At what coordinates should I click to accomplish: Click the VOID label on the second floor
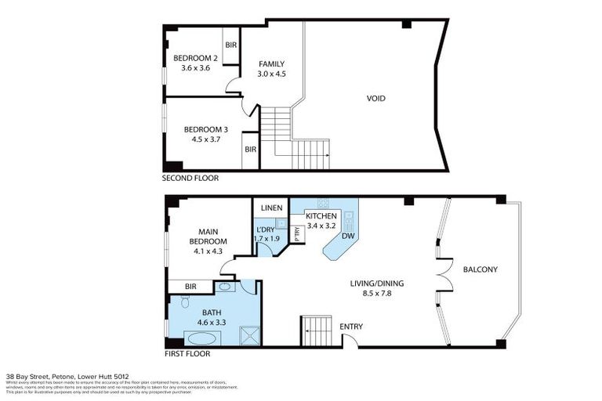(x=376, y=99)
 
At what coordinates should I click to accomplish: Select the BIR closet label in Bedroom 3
(x=251, y=149)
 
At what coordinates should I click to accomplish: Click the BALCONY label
(x=480, y=270)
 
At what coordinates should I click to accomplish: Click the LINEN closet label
(x=271, y=207)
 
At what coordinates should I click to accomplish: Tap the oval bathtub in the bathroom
(x=203, y=338)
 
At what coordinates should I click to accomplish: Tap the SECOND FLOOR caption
(x=190, y=179)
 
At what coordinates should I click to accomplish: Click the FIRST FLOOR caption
(x=186, y=353)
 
